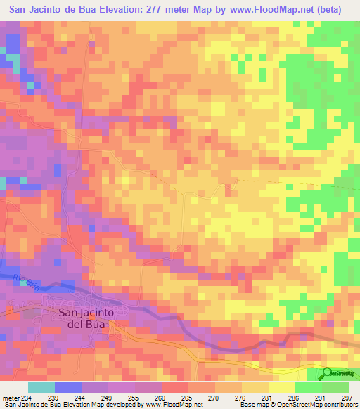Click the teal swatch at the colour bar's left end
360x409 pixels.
(41, 388)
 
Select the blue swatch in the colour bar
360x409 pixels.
(68, 388)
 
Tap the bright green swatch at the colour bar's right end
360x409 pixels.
(335, 388)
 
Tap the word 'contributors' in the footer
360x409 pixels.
(340, 405)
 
